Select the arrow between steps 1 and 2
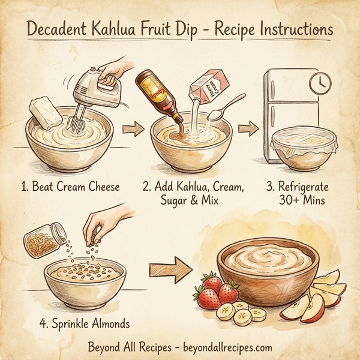coord(130,128)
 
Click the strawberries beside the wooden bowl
coord(214,291)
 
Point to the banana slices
coord(243,311)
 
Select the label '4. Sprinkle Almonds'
coord(85,324)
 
